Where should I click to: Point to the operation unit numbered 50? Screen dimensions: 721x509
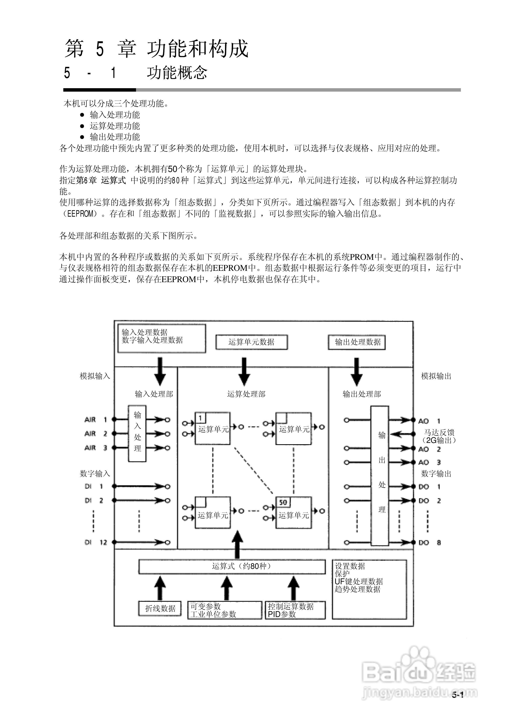coord(293,512)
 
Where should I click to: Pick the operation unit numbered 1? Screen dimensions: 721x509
coord(212,428)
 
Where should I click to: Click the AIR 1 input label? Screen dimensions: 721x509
coord(95,420)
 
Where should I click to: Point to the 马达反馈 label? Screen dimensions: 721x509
coord(439,432)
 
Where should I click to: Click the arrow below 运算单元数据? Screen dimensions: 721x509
coord(244,371)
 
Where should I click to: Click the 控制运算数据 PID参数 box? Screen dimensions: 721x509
coord(295,610)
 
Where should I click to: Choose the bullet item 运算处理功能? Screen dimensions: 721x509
coord(115,126)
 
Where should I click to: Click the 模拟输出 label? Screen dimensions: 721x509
coord(436,376)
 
